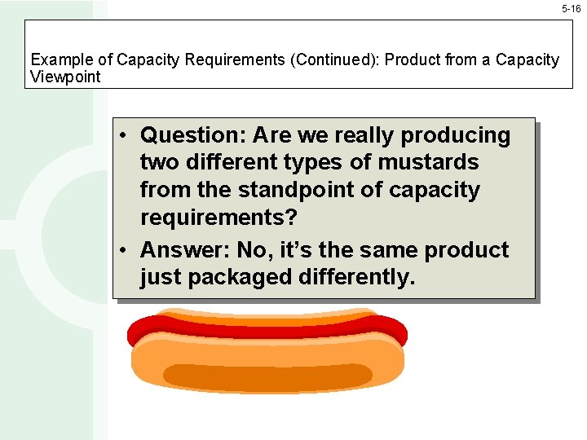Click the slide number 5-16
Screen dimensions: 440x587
(x=571, y=8)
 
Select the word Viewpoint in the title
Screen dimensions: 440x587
(x=65, y=77)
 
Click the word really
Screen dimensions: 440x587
(x=358, y=135)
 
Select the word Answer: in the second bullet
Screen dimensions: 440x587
(x=184, y=250)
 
